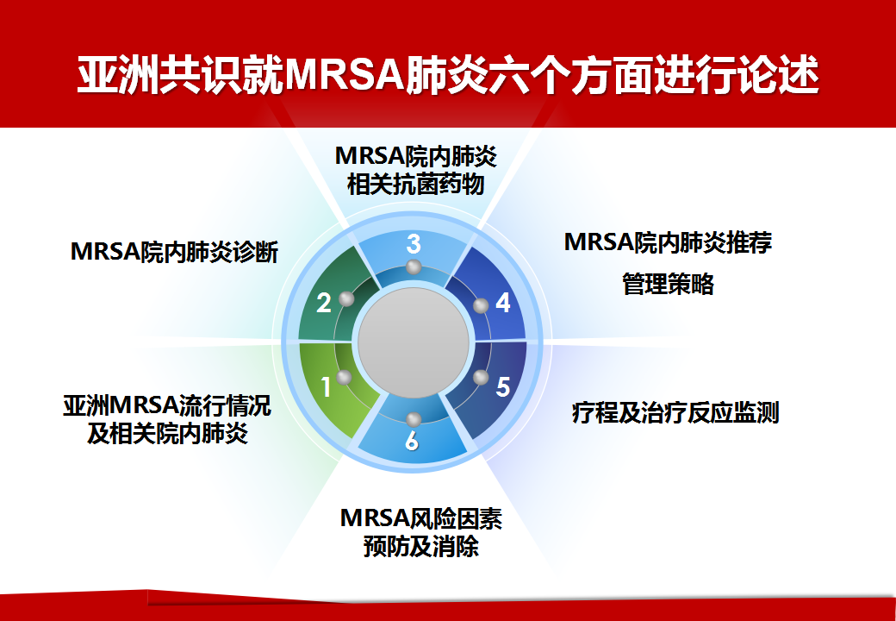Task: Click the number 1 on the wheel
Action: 326,387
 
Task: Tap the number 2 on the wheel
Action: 323,303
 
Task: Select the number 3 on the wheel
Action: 414,244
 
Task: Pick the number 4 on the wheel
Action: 503,303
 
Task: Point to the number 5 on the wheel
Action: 503,387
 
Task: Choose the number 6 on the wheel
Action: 412,441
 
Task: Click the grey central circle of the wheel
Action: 414,342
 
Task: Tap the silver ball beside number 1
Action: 344,378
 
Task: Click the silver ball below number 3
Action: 414,267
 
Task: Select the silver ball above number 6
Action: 414,419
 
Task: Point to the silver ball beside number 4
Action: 481,305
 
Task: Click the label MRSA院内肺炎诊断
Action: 174,252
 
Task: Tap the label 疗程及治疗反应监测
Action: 675,412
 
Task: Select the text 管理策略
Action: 668,284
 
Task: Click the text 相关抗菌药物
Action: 416,184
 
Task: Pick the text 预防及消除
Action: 421,546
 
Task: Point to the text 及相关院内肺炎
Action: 167,434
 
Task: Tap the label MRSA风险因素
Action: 421,518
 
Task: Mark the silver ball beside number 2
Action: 346,298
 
